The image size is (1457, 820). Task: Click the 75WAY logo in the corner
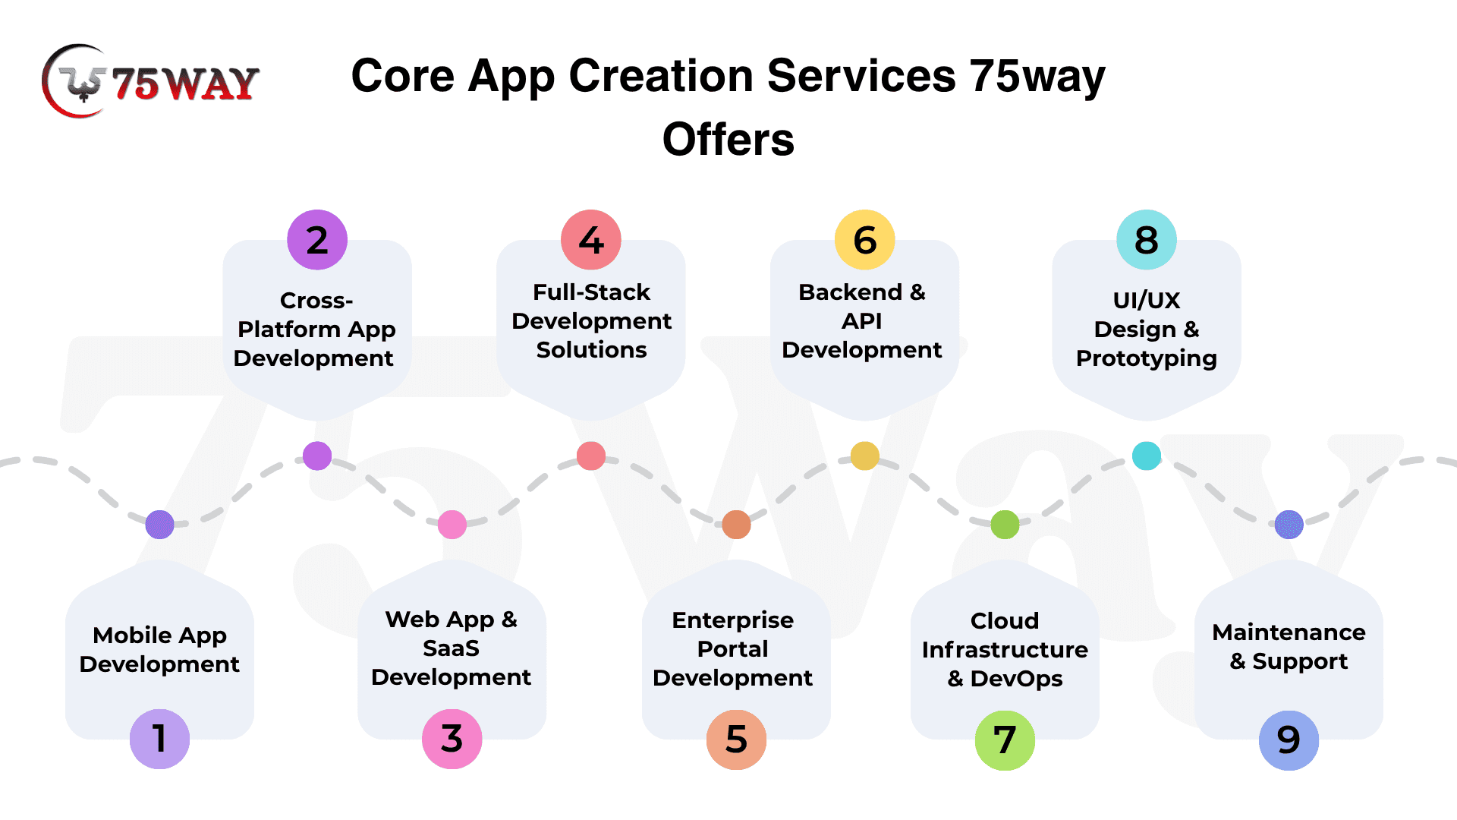pos(150,81)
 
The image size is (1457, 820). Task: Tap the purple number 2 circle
pos(317,240)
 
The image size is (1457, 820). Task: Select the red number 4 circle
pos(591,240)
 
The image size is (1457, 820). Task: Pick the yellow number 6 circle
pos(864,240)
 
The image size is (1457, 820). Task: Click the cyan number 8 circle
pos(1146,240)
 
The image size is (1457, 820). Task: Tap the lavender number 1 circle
pos(159,739)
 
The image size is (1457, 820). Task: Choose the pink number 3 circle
pos(452,739)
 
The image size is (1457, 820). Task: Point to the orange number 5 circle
pos(736,740)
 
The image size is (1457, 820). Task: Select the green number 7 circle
pos(1005,740)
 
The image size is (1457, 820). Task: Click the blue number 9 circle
pos(1289,740)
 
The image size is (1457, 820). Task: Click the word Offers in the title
pos(728,140)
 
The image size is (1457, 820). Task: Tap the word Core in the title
pos(402,76)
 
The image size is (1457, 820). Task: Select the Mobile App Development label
pos(159,650)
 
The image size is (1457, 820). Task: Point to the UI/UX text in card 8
pos(1146,301)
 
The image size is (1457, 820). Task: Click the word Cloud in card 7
pos(1005,621)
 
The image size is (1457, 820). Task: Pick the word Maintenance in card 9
pos(1289,632)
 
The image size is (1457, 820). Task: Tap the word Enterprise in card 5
pos(732,620)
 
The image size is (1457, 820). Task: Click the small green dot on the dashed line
pos(1005,525)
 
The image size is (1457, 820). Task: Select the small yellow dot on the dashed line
pos(864,456)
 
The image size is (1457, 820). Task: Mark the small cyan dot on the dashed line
pos(1146,456)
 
